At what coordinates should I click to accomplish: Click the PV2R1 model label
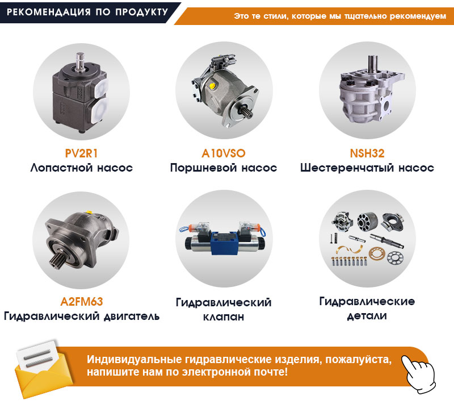pyautogui.click(x=81, y=153)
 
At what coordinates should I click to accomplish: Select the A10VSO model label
pyautogui.click(x=224, y=153)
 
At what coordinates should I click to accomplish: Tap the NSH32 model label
pyautogui.click(x=367, y=153)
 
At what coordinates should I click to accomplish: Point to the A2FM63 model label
pyautogui.click(x=82, y=302)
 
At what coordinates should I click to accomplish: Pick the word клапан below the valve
pyautogui.click(x=224, y=317)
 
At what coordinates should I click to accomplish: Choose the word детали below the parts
pyautogui.click(x=367, y=316)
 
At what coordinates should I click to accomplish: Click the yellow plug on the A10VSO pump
pyautogui.click(x=212, y=86)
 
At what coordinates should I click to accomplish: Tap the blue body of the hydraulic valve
pyautogui.click(x=224, y=243)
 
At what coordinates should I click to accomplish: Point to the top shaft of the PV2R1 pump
pyautogui.click(x=80, y=61)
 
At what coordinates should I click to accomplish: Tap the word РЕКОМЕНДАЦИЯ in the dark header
pyautogui.click(x=49, y=12)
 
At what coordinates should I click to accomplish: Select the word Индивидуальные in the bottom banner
pyautogui.click(x=134, y=360)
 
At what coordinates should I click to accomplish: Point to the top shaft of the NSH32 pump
pyautogui.click(x=373, y=64)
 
